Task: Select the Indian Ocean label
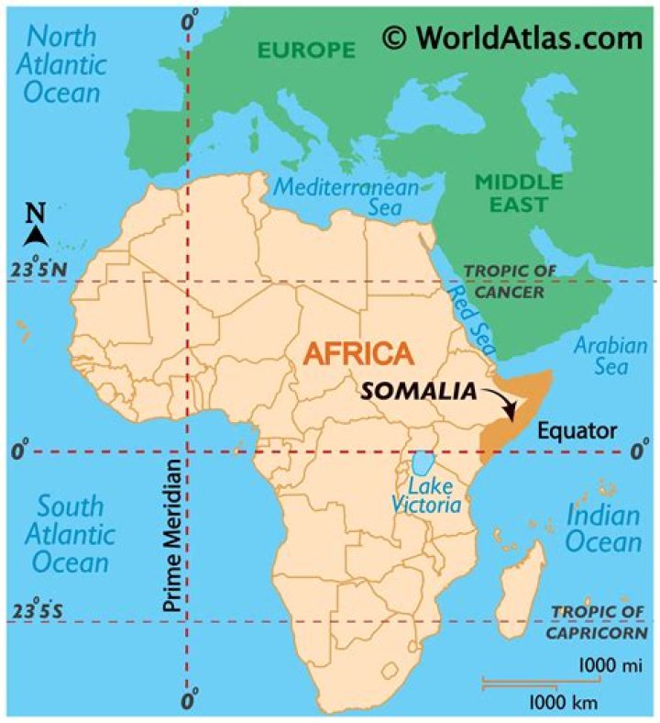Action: [602, 528]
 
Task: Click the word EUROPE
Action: [306, 50]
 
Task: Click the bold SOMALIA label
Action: [419, 390]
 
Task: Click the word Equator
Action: [577, 430]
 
